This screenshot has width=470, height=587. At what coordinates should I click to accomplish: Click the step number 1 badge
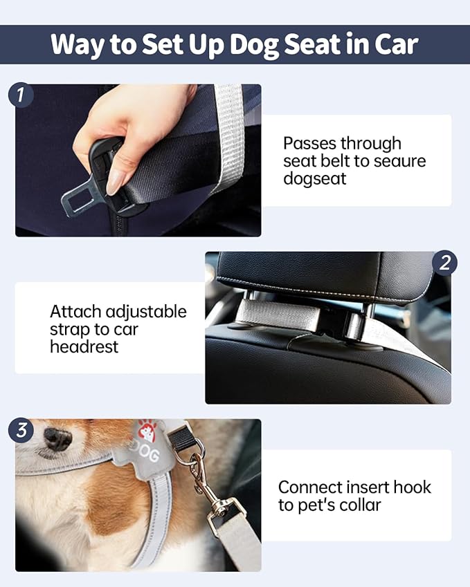coord(21,95)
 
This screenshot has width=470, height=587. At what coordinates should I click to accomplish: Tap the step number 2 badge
coord(445,263)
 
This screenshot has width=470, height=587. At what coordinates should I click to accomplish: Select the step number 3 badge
coord(21,430)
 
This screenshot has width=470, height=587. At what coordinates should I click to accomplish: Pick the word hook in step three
coord(413,487)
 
